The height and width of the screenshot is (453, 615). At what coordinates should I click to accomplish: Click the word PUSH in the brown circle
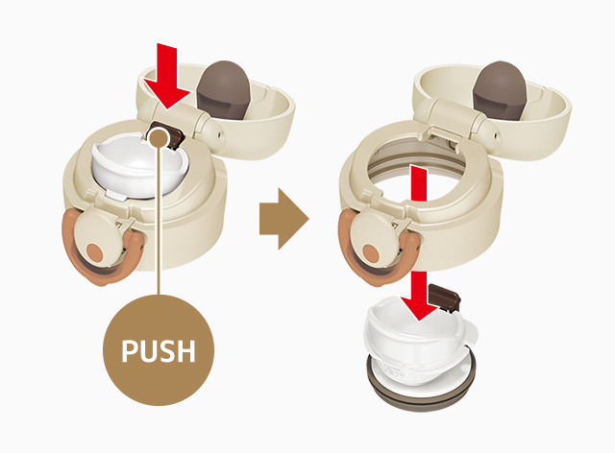coord(158,350)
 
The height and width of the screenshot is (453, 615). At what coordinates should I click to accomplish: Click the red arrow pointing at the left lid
coord(166,77)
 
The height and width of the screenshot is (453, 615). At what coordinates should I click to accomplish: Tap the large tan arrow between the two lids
coord(284,219)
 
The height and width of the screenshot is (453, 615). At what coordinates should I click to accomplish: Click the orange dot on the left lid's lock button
coord(94,252)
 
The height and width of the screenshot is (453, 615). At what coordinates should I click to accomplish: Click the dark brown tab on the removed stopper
coord(444,298)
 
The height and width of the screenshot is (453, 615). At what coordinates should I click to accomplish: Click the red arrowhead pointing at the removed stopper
coord(419,308)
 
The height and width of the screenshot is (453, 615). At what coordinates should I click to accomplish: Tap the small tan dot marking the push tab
coord(159,137)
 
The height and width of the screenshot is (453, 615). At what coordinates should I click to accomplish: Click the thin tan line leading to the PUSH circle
coord(159,220)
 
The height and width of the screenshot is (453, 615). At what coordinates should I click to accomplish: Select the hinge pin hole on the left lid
coord(219,133)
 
